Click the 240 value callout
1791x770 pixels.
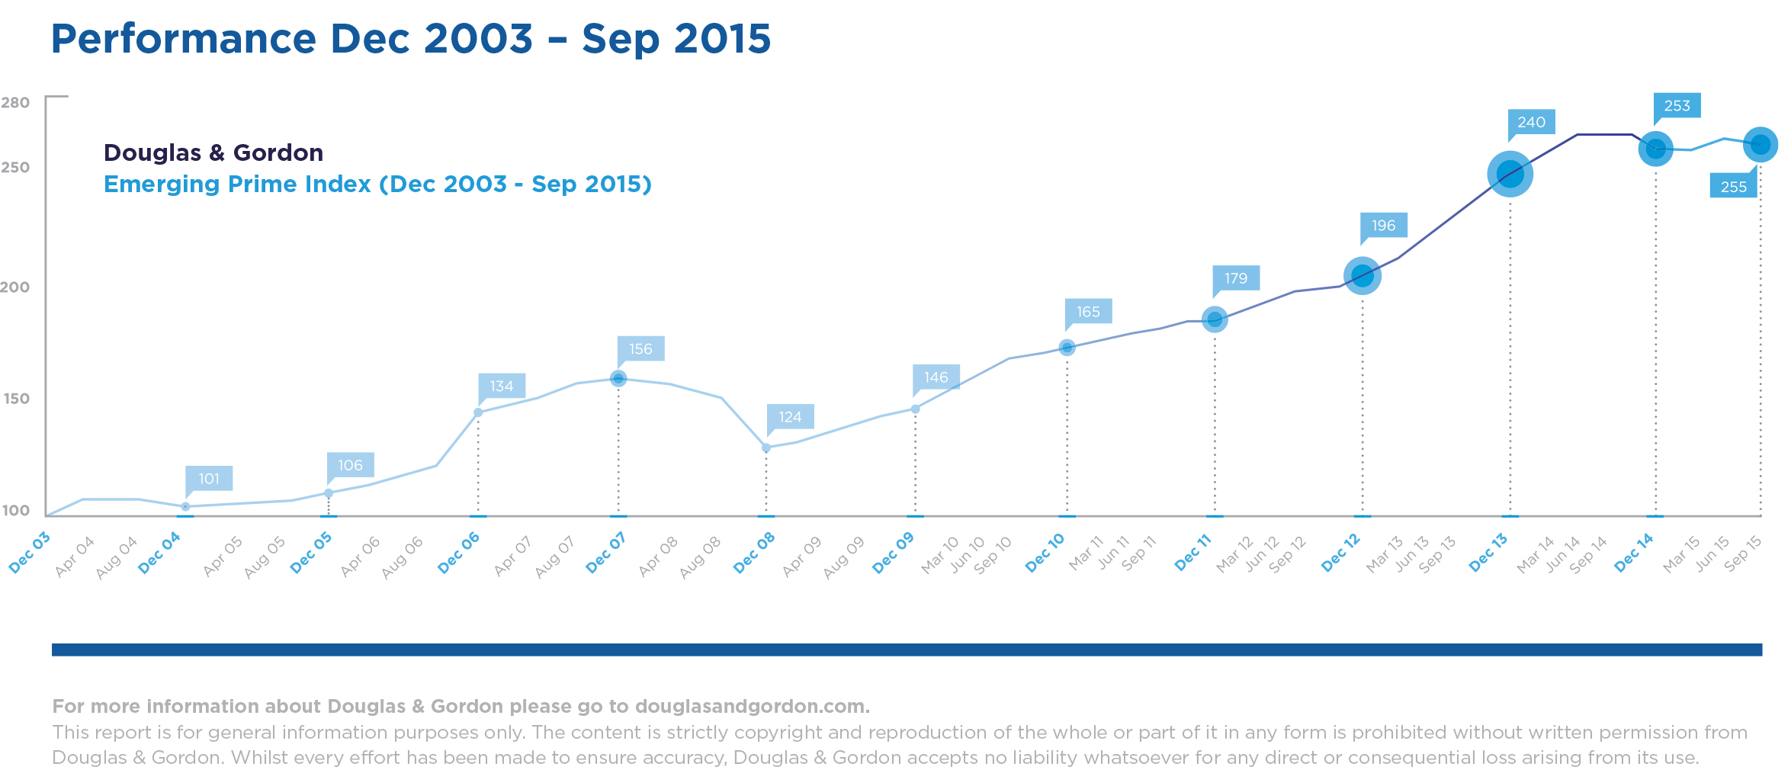[1531, 122]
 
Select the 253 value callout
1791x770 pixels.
[1677, 106]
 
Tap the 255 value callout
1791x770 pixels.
[1733, 187]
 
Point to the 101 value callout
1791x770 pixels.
[209, 479]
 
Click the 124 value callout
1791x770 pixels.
[790, 417]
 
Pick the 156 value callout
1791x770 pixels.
[640, 349]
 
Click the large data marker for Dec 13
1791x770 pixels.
[1510, 174]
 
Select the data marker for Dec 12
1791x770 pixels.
[1363, 275]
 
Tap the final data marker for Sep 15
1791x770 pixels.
[1761, 144]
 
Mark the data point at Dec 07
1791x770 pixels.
[618, 378]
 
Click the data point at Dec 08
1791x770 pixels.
[766, 448]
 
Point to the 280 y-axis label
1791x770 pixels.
[15, 102]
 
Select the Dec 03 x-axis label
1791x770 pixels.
[29, 553]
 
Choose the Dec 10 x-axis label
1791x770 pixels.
[1045, 553]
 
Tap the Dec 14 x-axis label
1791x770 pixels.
[1634, 553]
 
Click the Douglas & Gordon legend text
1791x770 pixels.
[213, 152]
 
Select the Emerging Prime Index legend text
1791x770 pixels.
[377, 184]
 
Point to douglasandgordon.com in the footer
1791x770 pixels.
[751, 707]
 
